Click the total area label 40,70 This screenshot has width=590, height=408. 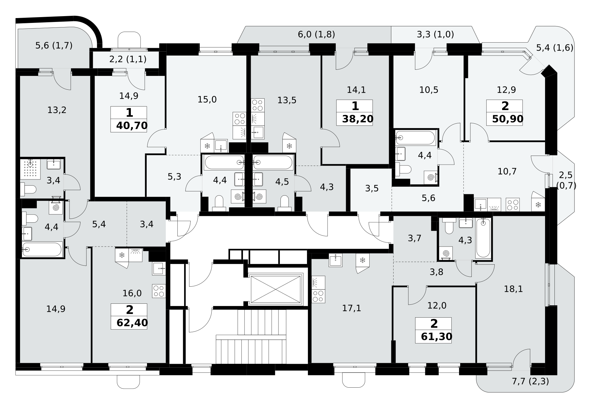point(132,125)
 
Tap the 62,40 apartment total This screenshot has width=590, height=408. point(132,322)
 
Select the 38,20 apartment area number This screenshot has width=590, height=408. point(358,119)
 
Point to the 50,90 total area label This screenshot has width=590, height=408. point(508,119)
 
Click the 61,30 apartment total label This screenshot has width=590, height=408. point(437,337)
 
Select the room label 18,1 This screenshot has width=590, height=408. point(513,289)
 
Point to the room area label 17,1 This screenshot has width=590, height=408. point(352,308)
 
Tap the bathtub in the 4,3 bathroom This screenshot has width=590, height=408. point(483,238)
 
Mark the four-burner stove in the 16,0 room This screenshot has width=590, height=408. point(159,291)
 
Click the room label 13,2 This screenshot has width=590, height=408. point(57,110)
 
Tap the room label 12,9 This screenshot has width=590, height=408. point(506,90)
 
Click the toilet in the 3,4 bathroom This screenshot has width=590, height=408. point(28,189)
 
